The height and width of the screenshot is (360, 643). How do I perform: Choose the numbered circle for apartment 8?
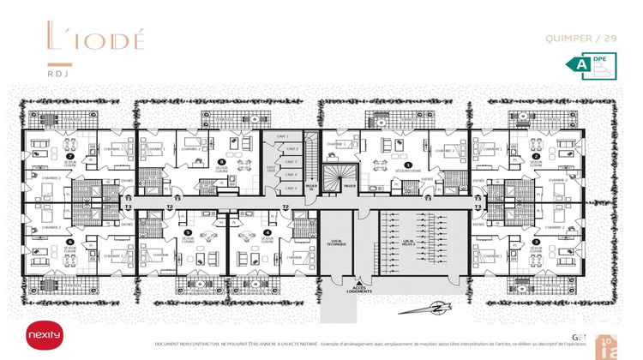pos(221,160)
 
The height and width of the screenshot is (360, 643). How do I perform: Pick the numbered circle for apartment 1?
pos(409,165)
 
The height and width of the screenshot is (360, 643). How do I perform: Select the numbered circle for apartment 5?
pos(188,232)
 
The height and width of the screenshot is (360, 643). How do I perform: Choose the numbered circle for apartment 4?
pos(267,232)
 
